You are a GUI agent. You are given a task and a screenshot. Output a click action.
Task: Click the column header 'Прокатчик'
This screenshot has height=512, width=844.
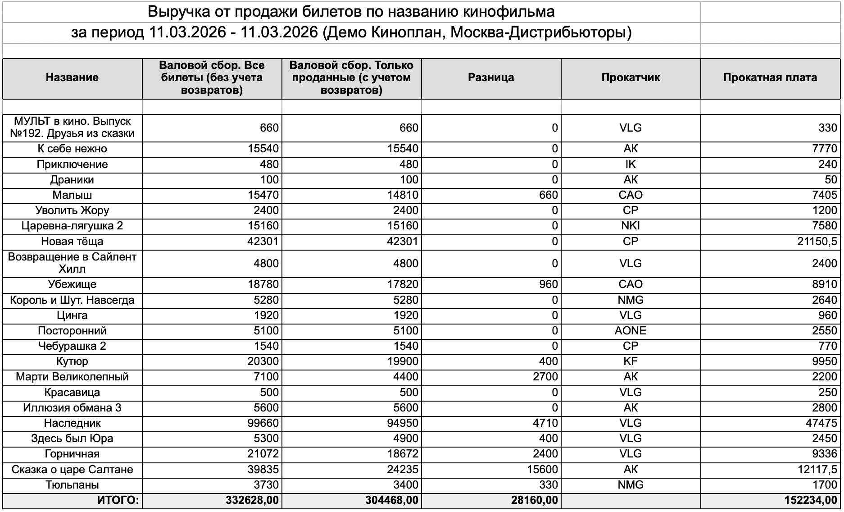pos(631,78)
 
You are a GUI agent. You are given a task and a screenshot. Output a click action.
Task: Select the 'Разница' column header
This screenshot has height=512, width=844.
pos(491,78)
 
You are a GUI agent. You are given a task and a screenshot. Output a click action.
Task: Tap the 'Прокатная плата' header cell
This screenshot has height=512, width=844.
pos(770,78)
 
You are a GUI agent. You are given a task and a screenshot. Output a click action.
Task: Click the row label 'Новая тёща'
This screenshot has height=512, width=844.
pos(72,242)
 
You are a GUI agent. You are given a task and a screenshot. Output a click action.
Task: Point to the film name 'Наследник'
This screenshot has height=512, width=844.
pos(72,423)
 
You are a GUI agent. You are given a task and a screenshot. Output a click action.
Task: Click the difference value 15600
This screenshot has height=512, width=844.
pos(542,470)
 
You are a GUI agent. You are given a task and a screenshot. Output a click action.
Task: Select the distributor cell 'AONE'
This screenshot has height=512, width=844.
pos(631,331)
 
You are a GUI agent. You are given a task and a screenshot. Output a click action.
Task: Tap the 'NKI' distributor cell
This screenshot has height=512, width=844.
pos(631,226)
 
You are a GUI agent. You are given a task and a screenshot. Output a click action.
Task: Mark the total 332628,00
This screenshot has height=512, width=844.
pos(252,500)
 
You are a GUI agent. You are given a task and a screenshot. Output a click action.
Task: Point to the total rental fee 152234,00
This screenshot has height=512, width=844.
pos(811,500)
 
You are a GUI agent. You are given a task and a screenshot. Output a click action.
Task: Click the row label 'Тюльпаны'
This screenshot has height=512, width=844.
pos(72,485)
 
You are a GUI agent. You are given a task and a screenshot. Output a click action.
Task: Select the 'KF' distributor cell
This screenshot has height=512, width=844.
pos(631,361)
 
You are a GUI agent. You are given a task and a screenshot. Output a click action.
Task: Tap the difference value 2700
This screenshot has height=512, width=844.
pos(545,377)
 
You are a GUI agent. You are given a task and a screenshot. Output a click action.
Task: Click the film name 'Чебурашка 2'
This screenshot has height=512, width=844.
pos(72,346)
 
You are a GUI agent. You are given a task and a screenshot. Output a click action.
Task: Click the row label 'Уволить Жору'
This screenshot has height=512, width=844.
pos(72,210)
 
